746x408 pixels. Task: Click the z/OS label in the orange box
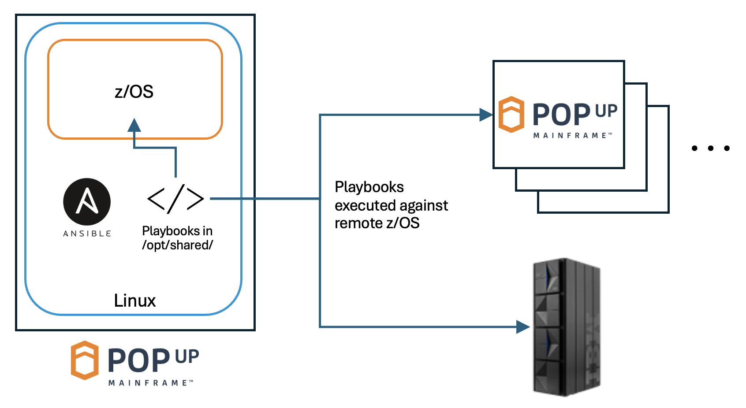click(x=134, y=92)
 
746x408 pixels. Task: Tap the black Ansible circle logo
click(x=87, y=202)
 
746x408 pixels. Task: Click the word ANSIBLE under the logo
click(x=87, y=234)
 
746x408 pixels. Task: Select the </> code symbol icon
click(x=175, y=199)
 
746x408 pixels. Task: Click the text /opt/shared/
click(x=177, y=245)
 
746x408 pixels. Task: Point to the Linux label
click(x=134, y=300)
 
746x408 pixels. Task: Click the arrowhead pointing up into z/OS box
click(x=134, y=126)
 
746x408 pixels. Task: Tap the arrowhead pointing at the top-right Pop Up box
click(x=486, y=115)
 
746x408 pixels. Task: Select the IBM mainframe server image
click(x=567, y=327)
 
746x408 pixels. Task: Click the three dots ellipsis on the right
click(x=710, y=148)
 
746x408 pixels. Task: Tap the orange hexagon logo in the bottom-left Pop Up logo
click(x=85, y=360)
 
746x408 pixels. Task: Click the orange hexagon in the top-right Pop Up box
click(x=511, y=115)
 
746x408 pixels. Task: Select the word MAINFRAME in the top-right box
click(x=572, y=136)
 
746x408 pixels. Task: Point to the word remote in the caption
click(x=358, y=223)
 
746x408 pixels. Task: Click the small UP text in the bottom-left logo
click(x=187, y=356)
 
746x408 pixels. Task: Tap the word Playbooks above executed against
click(x=369, y=187)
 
